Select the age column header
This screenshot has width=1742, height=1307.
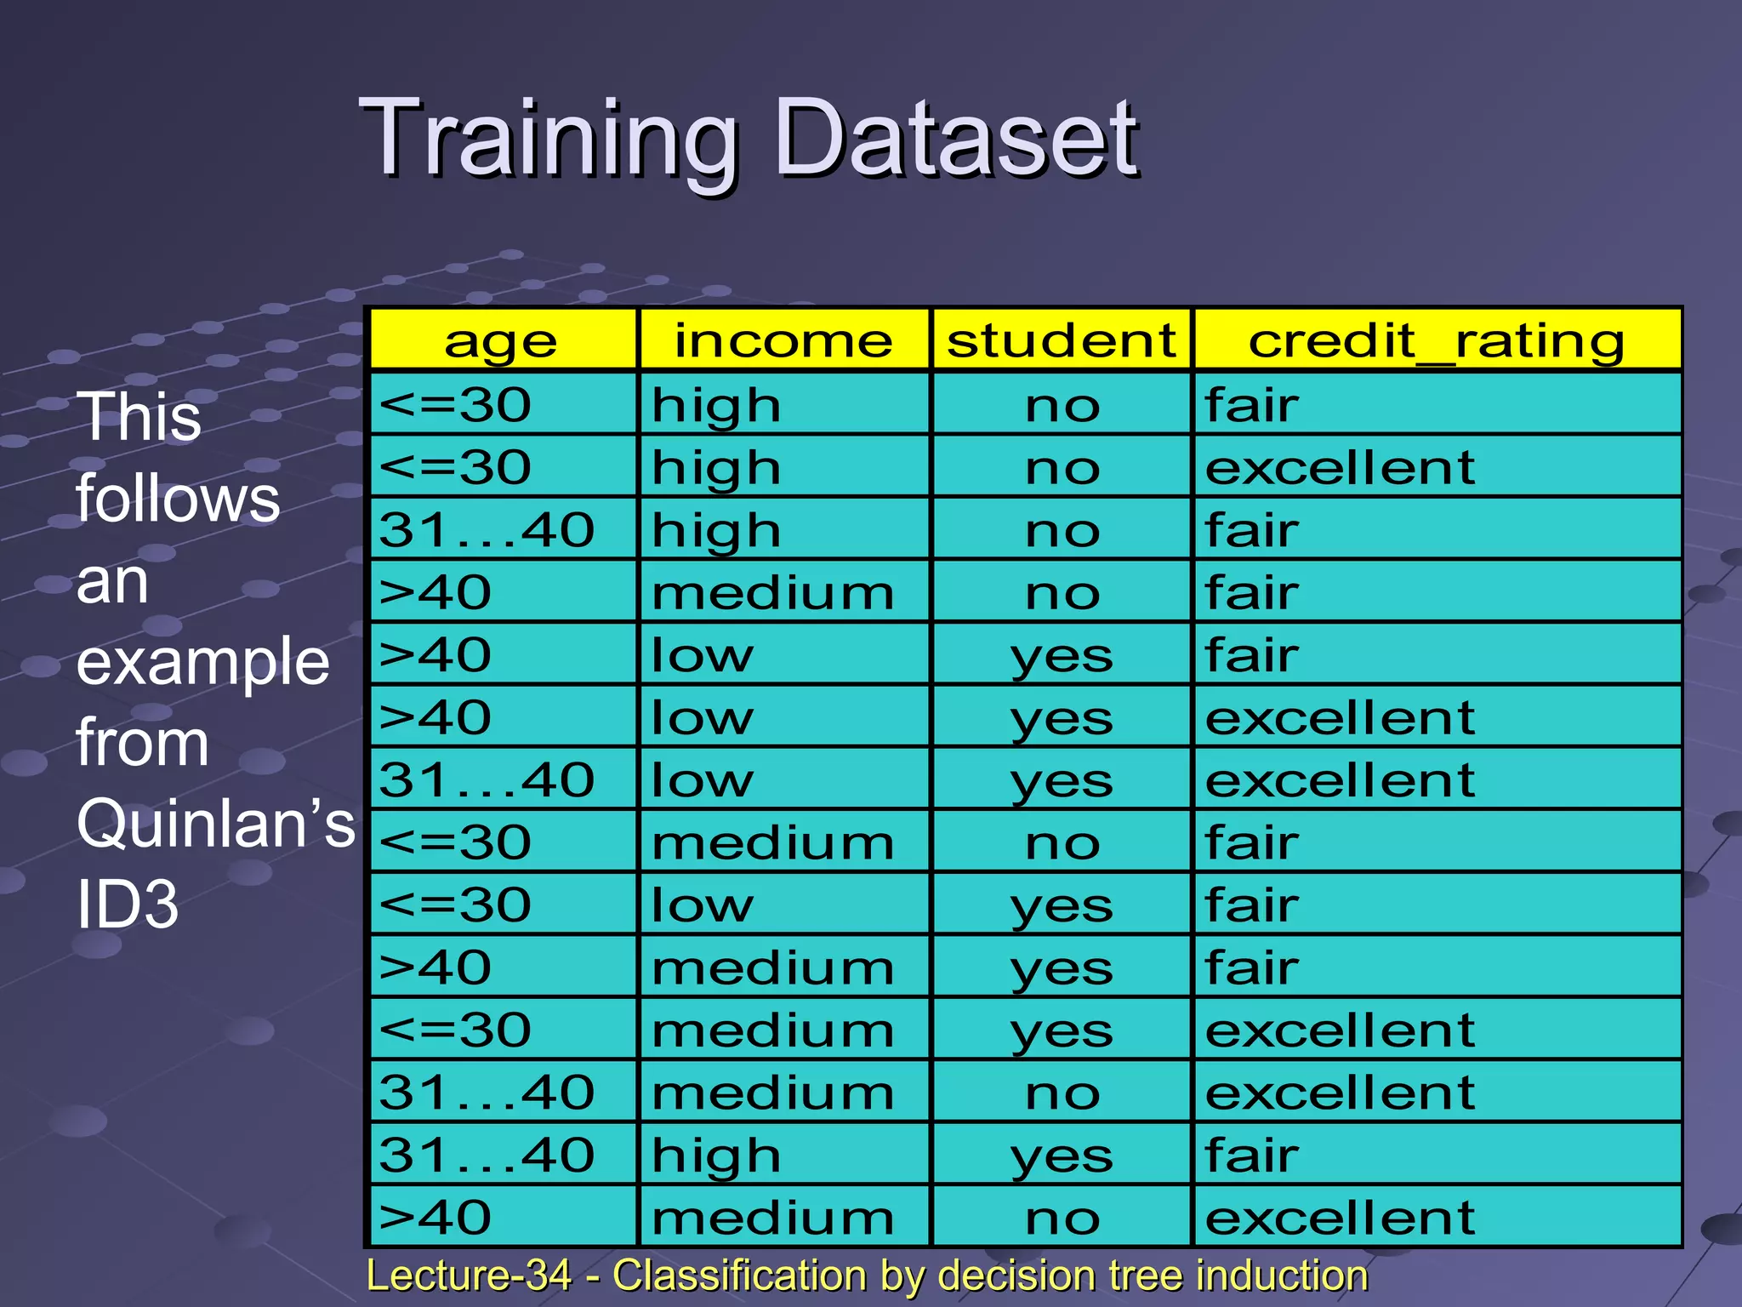[501, 341]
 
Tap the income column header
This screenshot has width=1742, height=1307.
[783, 341]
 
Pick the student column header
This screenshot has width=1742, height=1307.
[1062, 341]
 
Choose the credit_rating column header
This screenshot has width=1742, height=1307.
[1437, 341]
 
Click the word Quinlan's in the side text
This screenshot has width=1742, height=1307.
[215, 824]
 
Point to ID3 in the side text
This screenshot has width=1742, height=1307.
[128, 905]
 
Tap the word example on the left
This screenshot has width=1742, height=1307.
[202, 662]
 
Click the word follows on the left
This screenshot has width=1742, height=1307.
[178, 499]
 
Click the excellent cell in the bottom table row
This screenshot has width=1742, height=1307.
[1340, 1218]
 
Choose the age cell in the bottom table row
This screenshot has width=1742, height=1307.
[435, 1218]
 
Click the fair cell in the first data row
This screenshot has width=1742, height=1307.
[1251, 405]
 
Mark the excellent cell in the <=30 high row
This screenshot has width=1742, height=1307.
[1340, 467]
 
